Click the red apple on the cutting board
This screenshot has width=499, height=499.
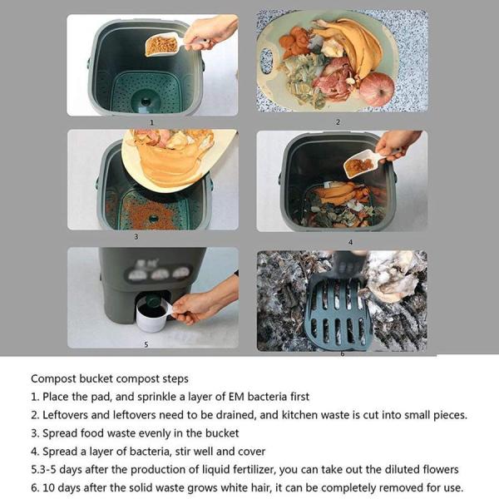(x=377, y=89)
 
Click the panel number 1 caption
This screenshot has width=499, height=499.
(x=152, y=122)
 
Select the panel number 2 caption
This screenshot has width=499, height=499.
(x=338, y=122)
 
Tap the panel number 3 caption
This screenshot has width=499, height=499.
(x=136, y=237)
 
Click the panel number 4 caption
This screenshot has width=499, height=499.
(x=350, y=243)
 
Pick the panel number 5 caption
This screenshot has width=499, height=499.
(x=146, y=344)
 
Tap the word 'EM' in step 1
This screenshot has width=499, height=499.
(x=236, y=397)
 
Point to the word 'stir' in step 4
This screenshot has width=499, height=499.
(x=183, y=452)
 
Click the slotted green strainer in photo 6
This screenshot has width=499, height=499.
(x=338, y=312)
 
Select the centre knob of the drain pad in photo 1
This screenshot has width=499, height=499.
(x=146, y=101)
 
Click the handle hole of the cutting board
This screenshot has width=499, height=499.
(x=266, y=61)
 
